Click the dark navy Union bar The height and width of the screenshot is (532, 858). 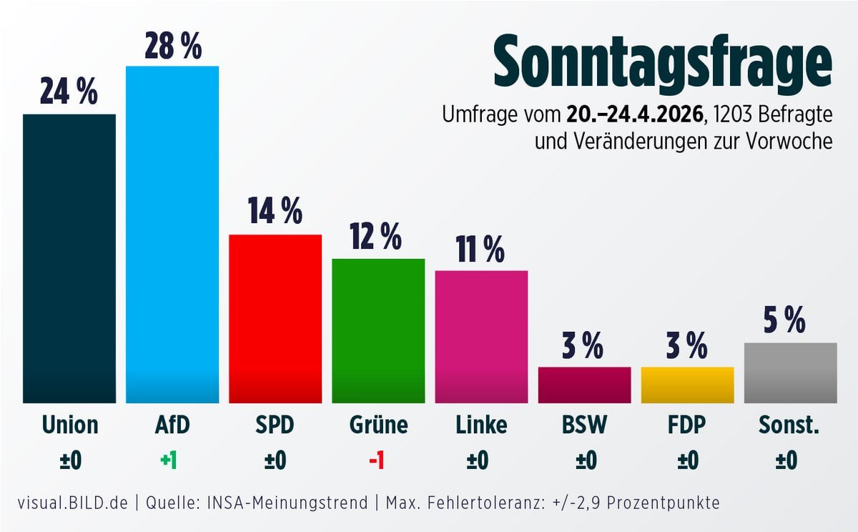pyautogui.click(x=69, y=258)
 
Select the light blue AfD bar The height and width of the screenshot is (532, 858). pyautogui.click(x=172, y=235)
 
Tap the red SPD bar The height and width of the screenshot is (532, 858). pyautogui.click(x=275, y=319)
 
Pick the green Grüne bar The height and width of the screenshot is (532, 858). pyautogui.click(x=378, y=330)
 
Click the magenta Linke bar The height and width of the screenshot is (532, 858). pyautogui.click(x=481, y=337)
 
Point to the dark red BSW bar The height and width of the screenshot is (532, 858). pyautogui.click(x=584, y=385)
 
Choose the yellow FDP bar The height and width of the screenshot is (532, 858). pyautogui.click(x=687, y=385)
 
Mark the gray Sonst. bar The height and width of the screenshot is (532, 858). pyautogui.click(x=790, y=373)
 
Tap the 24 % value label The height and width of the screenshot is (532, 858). pyautogui.click(x=69, y=93)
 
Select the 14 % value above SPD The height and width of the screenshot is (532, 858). pyautogui.click(x=275, y=212)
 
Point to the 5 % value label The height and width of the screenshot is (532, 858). pyautogui.click(x=785, y=320)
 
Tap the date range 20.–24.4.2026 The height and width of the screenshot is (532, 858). pyautogui.click(x=633, y=115)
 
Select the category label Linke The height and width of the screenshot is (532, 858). pyautogui.click(x=481, y=425)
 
